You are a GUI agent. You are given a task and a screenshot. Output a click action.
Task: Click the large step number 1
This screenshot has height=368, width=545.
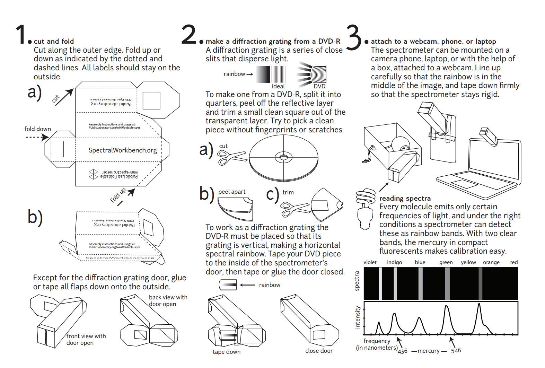pyautogui.click(x=21, y=35)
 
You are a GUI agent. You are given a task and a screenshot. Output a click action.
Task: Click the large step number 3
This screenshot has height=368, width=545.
pyautogui.click(x=354, y=36)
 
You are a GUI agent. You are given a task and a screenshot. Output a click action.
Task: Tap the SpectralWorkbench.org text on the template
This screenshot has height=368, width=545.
pyautogui.click(x=123, y=150)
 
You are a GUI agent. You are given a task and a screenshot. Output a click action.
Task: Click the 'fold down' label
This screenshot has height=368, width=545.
pyautogui.click(x=37, y=129)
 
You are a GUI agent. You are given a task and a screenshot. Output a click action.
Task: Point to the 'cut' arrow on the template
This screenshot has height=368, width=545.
pyautogui.click(x=64, y=97)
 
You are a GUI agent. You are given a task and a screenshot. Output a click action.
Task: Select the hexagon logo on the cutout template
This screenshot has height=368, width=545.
pyautogui.click(x=94, y=174)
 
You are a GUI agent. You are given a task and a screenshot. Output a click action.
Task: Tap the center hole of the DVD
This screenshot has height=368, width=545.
pyautogui.click(x=283, y=158)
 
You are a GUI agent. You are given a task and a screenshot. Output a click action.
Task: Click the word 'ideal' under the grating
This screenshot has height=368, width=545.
pyautogui.click(x=278, y=86)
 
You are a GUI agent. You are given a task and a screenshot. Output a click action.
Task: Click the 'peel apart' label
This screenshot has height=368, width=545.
pyautogui.click(x=232, y=192)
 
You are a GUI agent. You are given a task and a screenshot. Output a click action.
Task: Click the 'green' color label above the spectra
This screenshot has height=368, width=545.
pyautogui.click(x=446, y=262)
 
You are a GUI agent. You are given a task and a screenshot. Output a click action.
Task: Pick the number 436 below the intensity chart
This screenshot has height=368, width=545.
pyautogui.click(x=402, y=351)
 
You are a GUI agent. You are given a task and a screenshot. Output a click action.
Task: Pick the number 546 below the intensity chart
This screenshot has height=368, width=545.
pyautogui.click(x=456, y=351)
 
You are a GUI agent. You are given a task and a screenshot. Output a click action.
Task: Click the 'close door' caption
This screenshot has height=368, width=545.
pyautogui.click(x=319, y=351)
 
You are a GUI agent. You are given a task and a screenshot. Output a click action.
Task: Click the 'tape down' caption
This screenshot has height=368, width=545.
pyautogui.click(x=226, y=352)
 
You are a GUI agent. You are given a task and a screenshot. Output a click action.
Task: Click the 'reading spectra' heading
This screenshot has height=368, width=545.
pyautogui.click(x=405, y=199)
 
